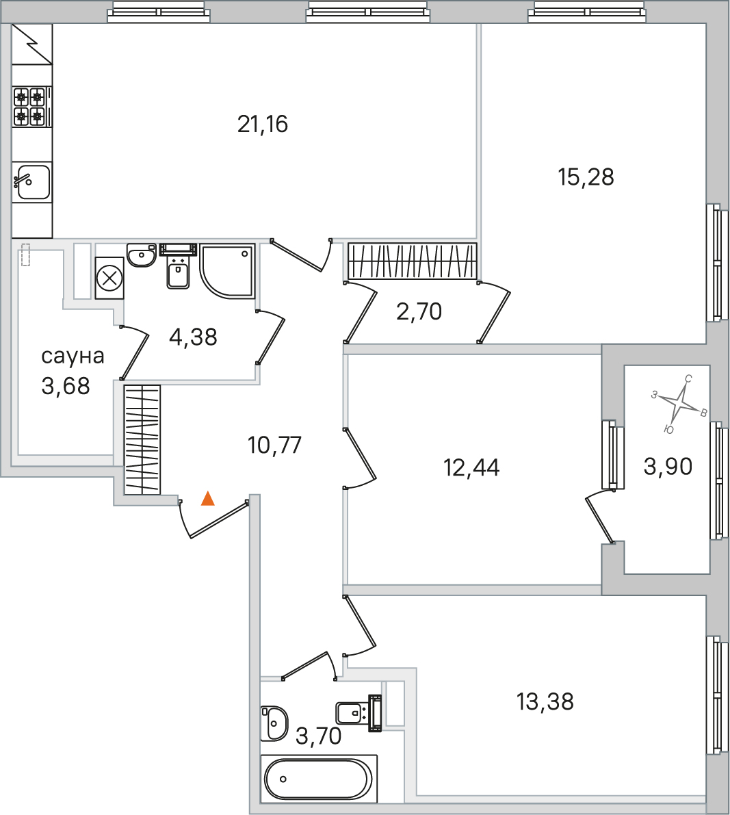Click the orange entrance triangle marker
(208, 498)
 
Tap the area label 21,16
(263, 125)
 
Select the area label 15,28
(586, 177)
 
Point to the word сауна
(73, 357)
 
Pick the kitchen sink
(31, 181)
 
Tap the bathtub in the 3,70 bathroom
(319, 779)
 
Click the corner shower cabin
(227, 271)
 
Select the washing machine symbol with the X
(109, 278)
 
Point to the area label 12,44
(472, 468)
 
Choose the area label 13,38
(545, 701)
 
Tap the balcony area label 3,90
(668, 467)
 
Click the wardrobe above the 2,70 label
(412, 261)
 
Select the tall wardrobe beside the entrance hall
(142, 440)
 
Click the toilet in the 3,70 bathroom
(359, 713)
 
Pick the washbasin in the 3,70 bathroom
(274, 723)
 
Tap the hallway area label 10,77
(274, 445)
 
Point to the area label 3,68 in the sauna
(66, 386)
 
